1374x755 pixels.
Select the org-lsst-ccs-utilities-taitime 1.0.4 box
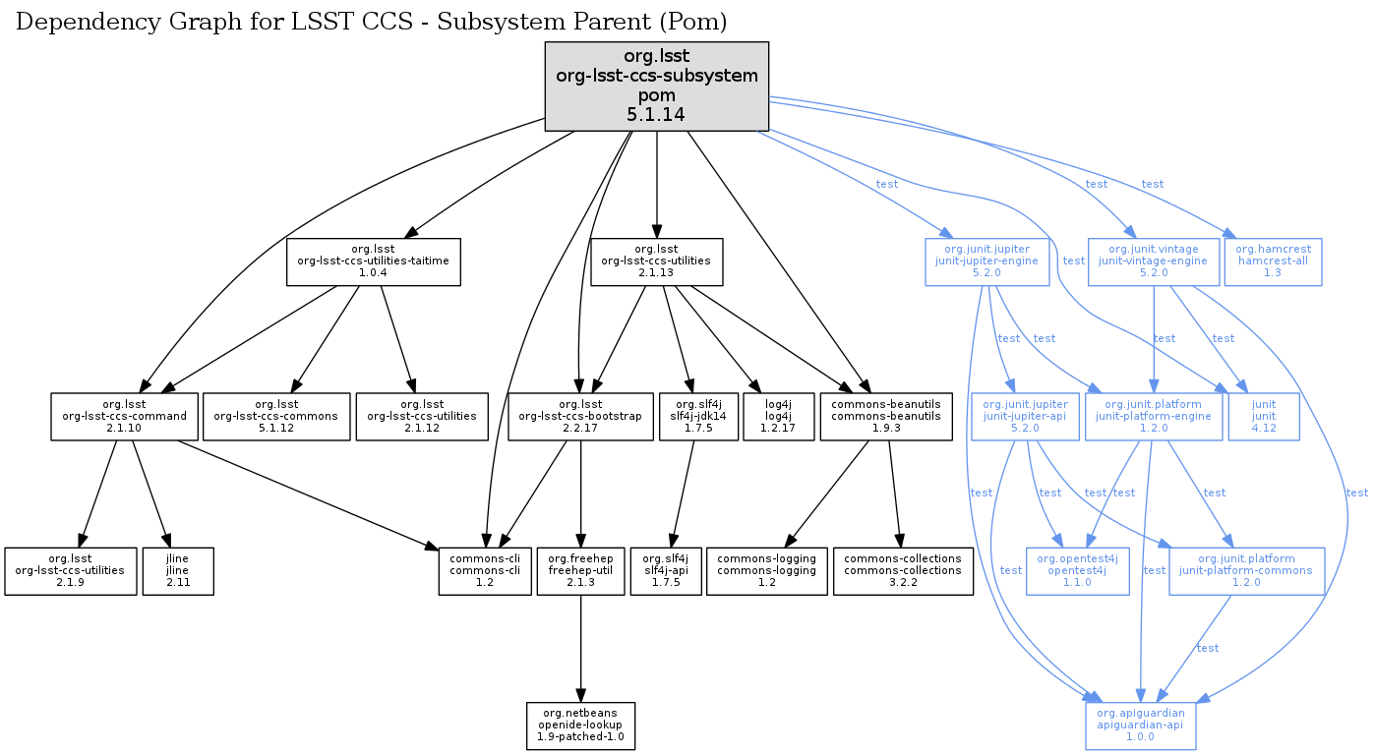coord(374,261)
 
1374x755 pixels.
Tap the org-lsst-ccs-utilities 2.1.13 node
coord(656,261)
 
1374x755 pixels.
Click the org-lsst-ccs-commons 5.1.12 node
coord(276,417)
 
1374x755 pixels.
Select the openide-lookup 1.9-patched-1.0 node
coord(580,726)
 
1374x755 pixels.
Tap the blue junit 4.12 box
coord(1264,417)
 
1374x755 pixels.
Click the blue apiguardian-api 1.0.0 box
coord(1140,726)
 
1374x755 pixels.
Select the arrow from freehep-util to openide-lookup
coord(580,649)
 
